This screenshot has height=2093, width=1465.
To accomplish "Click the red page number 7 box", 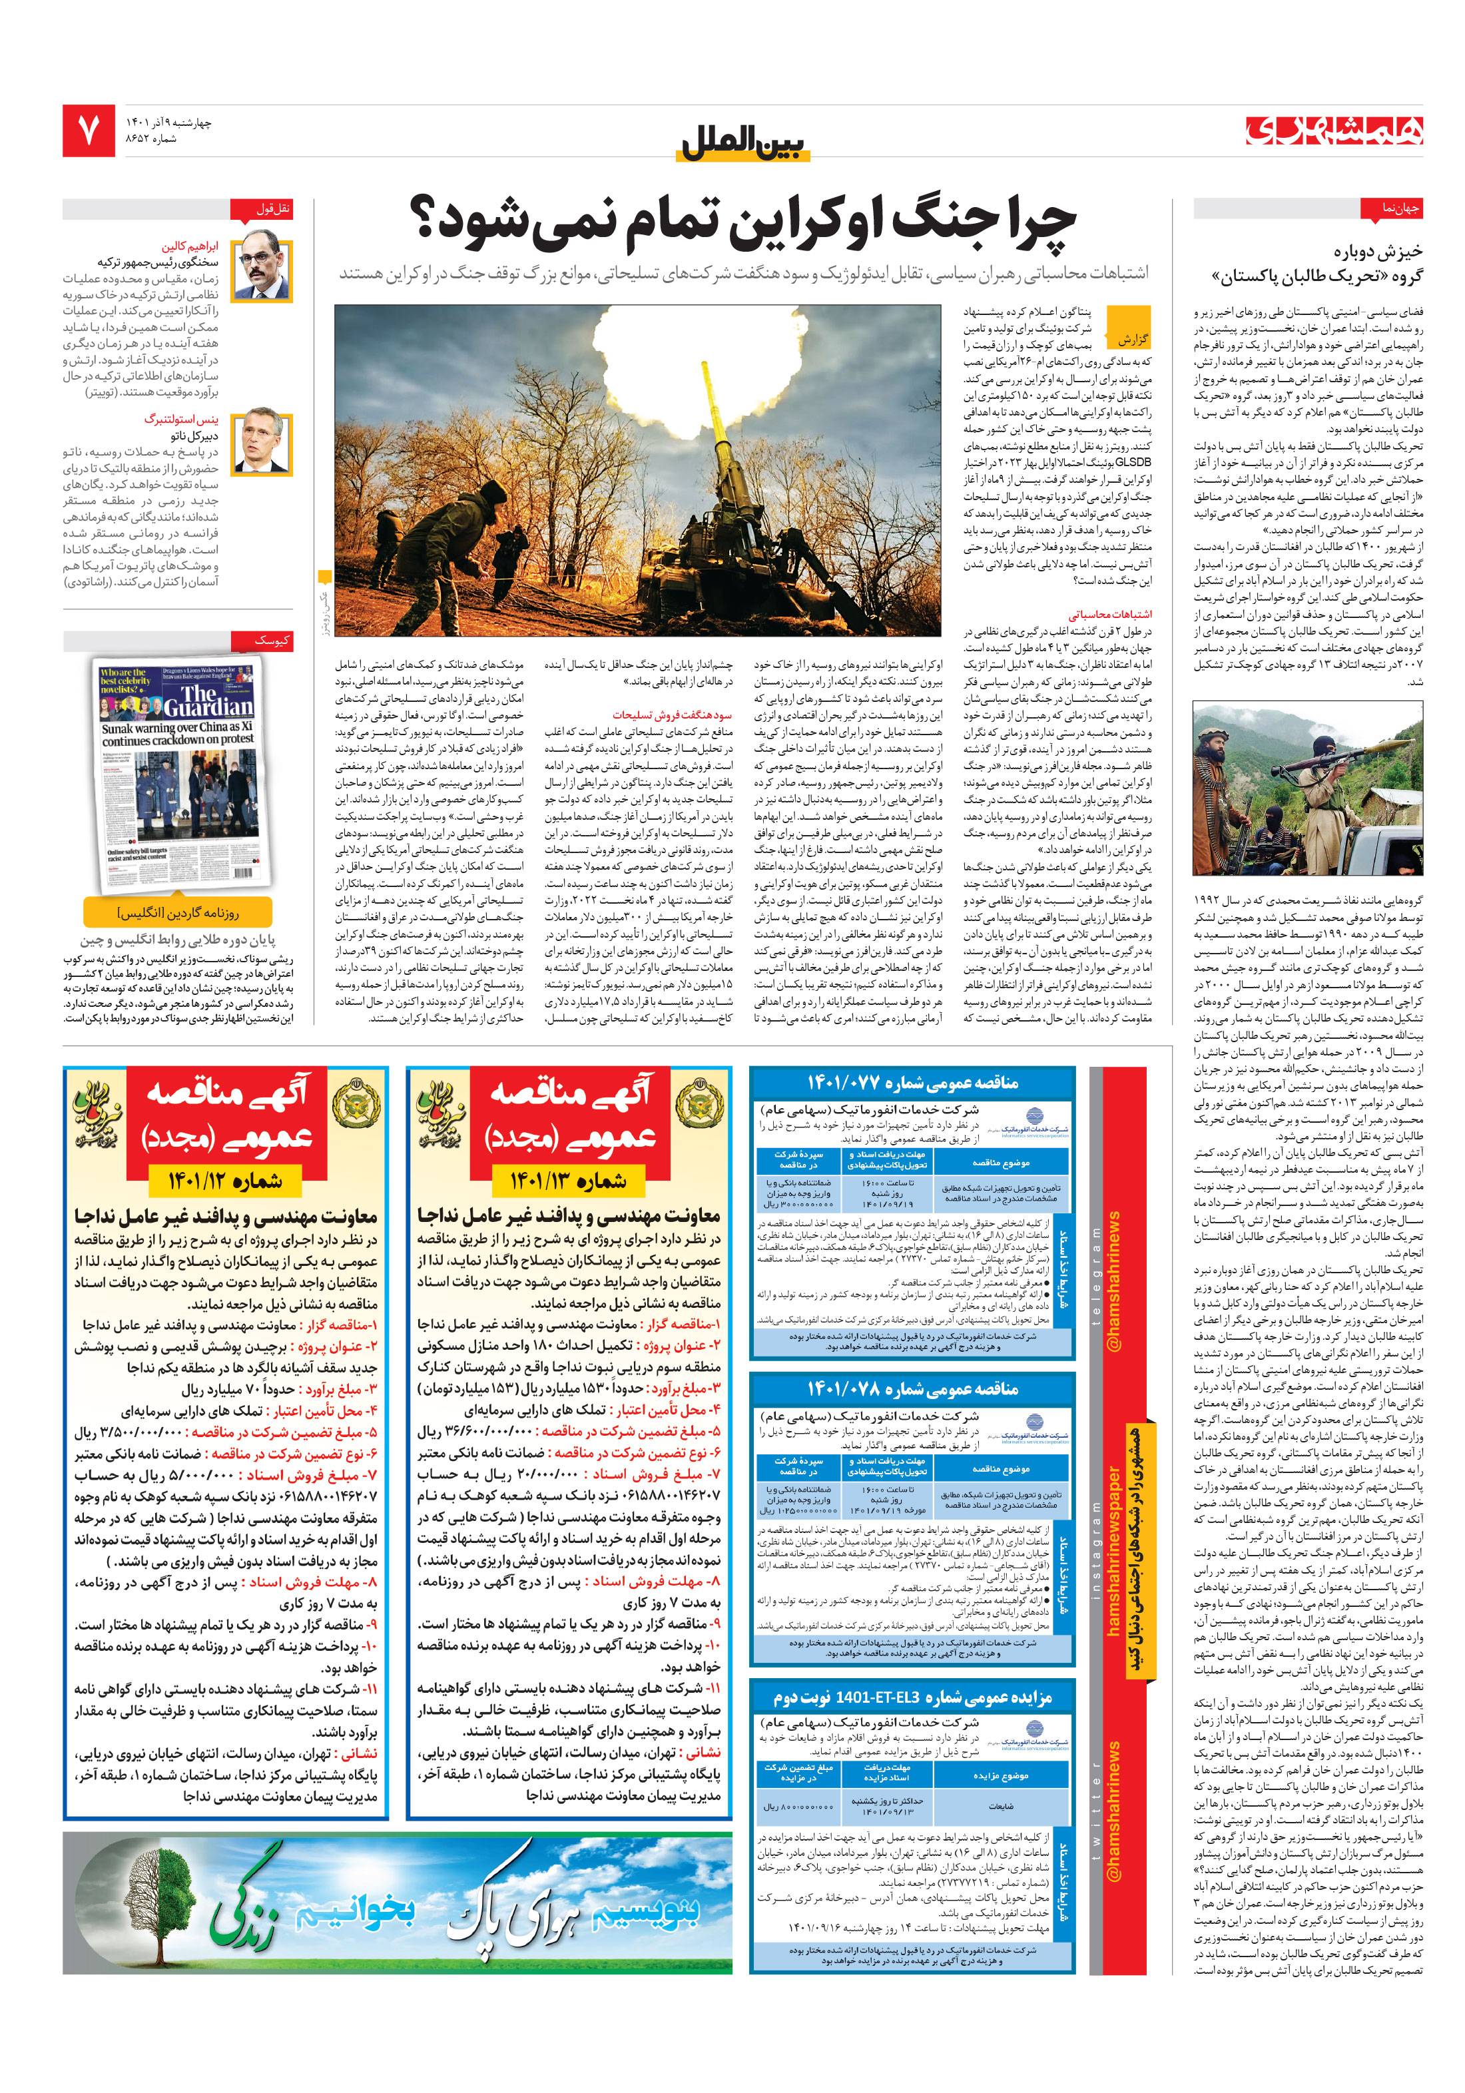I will pos(89,131).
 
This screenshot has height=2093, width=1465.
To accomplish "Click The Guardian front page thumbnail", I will pos(180,774).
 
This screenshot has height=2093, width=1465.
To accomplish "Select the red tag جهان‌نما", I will pos(1390,208).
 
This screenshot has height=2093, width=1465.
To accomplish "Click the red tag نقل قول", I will pos(262,208).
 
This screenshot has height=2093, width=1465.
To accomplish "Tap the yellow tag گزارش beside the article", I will pos(1127,339).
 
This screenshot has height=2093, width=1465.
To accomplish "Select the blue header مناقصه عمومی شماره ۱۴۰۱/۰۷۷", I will pos(912,1082).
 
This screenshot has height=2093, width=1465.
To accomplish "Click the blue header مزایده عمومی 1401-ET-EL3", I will pos(912,1697).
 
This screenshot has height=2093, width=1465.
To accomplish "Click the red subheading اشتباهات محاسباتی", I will pos(1109,615).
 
